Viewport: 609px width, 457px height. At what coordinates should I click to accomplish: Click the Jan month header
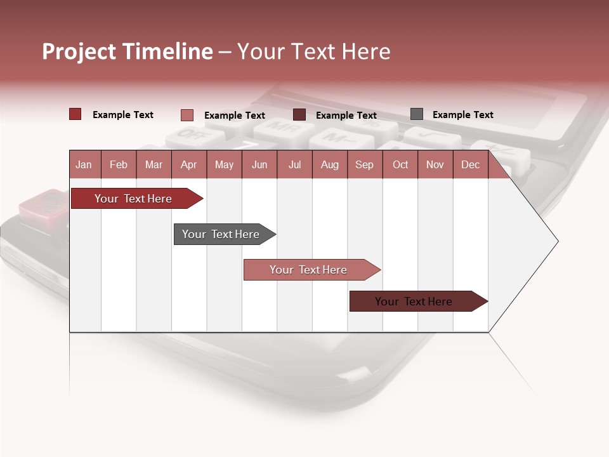click(x=84, y=164)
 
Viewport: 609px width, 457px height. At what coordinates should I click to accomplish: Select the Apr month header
click(x=188, y=164)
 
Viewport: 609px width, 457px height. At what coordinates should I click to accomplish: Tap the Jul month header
click(x=294, y=164)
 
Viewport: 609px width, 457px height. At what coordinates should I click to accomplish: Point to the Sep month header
click(x=364, y=164)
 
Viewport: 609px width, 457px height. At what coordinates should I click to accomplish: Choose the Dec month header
click(x=470, y=164)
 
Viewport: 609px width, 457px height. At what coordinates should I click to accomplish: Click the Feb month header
click(x=119, y=164)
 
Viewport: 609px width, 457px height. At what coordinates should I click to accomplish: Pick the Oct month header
click(x=400, y=164)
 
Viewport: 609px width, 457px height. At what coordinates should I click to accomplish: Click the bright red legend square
click(x=75, y=114)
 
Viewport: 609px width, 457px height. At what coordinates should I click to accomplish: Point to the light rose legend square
click(x=187, y=115)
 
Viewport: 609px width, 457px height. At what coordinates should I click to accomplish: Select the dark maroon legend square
click(x=299, y=115)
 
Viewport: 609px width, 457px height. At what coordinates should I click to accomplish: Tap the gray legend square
click(x=417, y=114)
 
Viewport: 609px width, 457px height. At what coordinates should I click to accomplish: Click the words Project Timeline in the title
click(x=128, y=51)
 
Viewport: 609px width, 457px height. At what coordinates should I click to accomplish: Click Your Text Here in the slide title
click(x=313, y=51)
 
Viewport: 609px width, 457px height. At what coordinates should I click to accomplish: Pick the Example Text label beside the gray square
click(x=462, y=115)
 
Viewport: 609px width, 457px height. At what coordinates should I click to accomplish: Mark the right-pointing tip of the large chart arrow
click(x=556, y=241)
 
